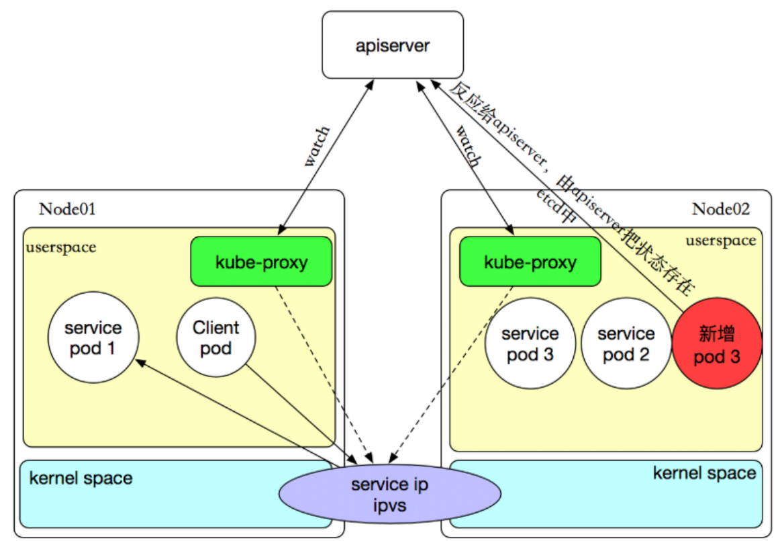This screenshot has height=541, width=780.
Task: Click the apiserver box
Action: [x=393, y=45]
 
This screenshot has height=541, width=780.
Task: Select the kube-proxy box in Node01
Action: [x=261, y=261]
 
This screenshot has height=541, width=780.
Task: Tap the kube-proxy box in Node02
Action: [x=530, y=261]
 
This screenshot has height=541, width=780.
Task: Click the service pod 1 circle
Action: [x=94, y=338]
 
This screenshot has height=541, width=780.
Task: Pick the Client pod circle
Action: [x=216, y=338]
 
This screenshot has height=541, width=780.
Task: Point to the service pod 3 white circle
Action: [x=530, y=343]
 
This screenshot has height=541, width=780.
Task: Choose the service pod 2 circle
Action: [x=626, y=343]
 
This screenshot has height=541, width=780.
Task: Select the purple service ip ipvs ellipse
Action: [x=390, y=494]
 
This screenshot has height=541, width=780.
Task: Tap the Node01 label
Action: [x=67, y=208]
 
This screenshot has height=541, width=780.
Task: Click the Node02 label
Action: [x=720, y=208]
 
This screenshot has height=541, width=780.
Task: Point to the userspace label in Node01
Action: [x=60, y=247]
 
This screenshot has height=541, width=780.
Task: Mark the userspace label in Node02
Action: [x=720, y=241]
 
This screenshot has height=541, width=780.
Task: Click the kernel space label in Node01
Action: [x=81, y=478]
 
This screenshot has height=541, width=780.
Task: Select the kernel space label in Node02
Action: [x=704, y=473]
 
